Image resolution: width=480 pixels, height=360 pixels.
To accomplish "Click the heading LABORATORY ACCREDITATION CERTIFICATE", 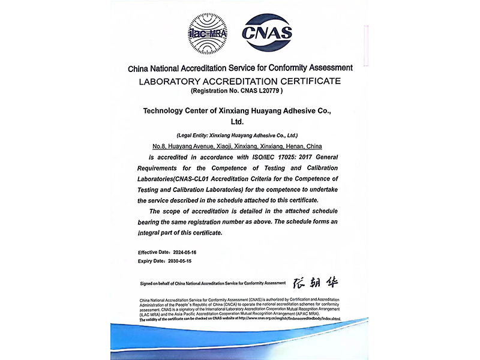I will [240, 80].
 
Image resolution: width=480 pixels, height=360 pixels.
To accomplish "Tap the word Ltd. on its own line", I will [240, 122].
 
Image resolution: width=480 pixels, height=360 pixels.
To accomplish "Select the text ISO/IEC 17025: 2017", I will [292, 156].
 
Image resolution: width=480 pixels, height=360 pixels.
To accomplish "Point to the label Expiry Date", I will [152, 262].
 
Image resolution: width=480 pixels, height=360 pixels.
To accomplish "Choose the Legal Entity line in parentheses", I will [240, 136].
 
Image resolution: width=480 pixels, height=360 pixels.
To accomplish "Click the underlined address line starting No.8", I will [238, 146].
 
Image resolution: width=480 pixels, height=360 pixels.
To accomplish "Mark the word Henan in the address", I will [295, 146].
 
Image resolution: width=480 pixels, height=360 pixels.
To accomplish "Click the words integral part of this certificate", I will [180, 232].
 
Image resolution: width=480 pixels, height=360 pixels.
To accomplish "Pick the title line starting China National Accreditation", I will [240, 68].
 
